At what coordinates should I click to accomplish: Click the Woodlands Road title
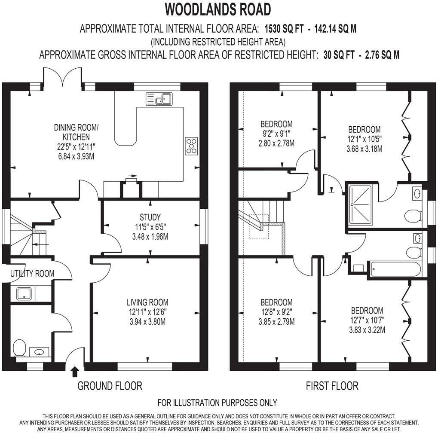click(218, 9)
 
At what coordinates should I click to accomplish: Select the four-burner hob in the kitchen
click(191, 146)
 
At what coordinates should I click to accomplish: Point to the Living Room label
click(147, 302)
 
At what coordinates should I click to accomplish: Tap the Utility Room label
click(33, 274)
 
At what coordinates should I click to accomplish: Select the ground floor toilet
click(19, 348)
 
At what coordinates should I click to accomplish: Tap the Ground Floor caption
click(110, 386)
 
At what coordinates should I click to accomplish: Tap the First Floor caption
click(332, 386)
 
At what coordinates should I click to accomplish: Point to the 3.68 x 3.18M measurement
click(364, 149)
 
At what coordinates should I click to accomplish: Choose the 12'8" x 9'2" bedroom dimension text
click(276, 312)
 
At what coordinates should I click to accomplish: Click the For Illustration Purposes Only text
click(217, 403)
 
